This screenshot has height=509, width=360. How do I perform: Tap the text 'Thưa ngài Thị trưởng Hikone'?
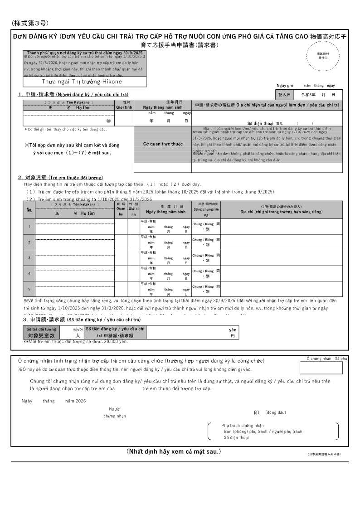82,82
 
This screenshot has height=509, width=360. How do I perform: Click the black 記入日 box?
284,95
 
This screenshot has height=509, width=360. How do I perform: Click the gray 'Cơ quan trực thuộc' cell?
163,144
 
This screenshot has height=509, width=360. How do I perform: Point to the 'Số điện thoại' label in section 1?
260,123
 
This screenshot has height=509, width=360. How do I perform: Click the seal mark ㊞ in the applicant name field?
108,121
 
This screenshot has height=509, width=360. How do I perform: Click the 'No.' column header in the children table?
29,209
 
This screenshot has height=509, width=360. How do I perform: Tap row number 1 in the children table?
29,227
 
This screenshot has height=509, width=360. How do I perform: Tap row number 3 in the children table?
29,258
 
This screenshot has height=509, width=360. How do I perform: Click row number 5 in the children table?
29,289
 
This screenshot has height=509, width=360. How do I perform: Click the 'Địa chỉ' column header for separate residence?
281,212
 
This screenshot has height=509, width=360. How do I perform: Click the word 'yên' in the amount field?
233,330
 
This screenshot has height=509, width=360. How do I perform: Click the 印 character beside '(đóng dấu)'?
256,413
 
